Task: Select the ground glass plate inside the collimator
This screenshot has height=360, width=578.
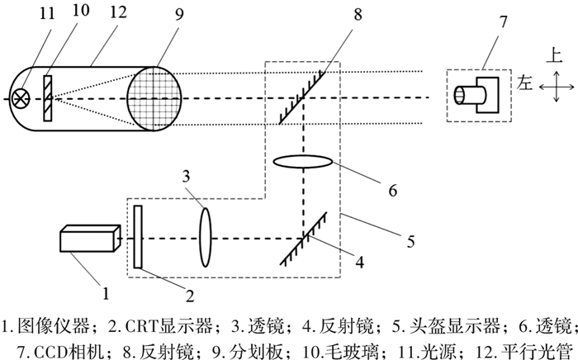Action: (50, 97)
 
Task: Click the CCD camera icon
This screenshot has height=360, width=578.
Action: (474, 97)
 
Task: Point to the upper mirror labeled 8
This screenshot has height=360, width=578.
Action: (301, 97)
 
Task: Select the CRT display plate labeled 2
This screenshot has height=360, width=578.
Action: (139, 236)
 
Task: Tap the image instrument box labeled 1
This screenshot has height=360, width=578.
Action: (86, 240)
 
